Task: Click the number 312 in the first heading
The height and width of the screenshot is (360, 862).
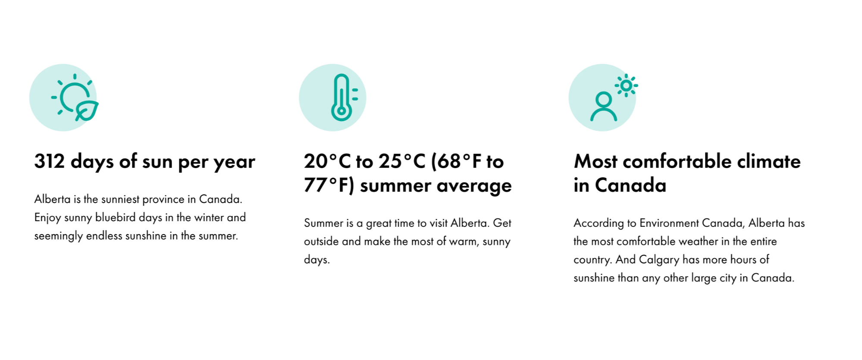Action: (x=50, y=161)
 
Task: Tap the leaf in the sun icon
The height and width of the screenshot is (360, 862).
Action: (x=88, y=111)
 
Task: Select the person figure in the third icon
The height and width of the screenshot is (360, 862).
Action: (x=603, y=106)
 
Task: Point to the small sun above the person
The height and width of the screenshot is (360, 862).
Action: (x=626, y=85)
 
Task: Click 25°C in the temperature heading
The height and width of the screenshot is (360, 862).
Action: (x=402, y=161)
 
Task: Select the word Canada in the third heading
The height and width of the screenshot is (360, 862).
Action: (x=630, y=185)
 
